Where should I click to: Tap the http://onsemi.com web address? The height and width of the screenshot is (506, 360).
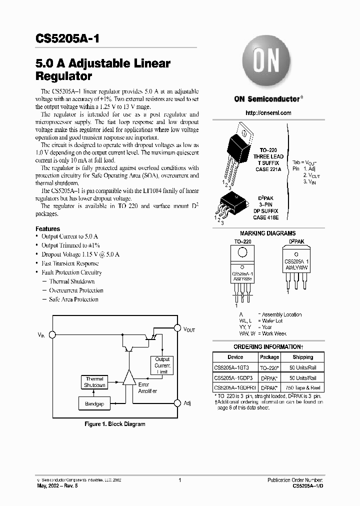268,113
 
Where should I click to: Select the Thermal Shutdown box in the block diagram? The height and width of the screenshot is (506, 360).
94,382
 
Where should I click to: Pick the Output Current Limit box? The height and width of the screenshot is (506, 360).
162,365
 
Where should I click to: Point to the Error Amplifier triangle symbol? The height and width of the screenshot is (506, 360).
129,384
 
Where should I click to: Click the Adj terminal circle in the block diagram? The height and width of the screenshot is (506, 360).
176,402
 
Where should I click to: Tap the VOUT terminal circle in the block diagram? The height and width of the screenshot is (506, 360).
176,327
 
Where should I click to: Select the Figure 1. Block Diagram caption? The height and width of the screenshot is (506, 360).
114,424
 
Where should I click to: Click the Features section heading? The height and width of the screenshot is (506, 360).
48,229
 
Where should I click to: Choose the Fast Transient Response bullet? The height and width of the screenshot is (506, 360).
70,263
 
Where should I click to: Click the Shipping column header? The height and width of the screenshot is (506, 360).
303,357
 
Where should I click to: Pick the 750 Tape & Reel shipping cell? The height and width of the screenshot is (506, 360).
303,387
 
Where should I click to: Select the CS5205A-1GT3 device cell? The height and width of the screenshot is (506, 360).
235,367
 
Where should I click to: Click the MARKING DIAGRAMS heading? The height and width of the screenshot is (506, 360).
267,233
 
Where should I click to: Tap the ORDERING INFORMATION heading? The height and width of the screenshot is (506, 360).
267,347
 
